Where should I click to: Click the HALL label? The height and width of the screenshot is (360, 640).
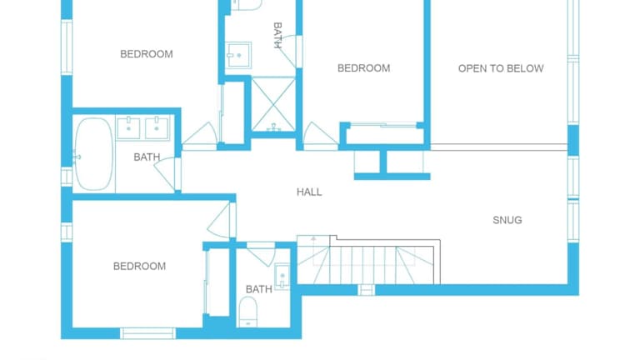[309, 192]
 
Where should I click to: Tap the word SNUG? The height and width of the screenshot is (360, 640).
[507, 220]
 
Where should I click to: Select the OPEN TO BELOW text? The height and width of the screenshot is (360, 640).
[501, 68]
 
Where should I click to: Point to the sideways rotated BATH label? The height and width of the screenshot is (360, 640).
[277, 35]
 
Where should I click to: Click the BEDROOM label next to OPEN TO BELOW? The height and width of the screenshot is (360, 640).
[363, 68]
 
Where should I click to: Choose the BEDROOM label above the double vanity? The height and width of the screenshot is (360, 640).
[147, 54]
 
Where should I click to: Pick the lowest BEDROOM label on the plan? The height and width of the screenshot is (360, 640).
[140, 266]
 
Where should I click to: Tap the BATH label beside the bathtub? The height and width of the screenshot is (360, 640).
[147, 157]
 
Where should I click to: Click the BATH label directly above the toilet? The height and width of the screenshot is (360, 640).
[259, 289]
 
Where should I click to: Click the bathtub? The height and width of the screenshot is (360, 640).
[93, 154]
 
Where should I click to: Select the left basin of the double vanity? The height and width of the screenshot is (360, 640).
[128, 128]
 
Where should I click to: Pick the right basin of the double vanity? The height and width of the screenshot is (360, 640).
[157, 128]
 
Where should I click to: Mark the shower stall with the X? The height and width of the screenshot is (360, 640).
[273, 105]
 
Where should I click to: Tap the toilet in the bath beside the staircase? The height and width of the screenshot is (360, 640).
[247, 312]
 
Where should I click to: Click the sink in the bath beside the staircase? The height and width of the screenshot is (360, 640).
[282, 277]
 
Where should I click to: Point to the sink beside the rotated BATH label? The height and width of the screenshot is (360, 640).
[239, 55]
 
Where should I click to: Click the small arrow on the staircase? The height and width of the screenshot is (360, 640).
[313, 240]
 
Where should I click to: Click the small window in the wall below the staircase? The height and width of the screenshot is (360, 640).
[366, 290]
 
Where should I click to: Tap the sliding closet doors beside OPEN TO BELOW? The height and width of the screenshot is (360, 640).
[383, 124]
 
